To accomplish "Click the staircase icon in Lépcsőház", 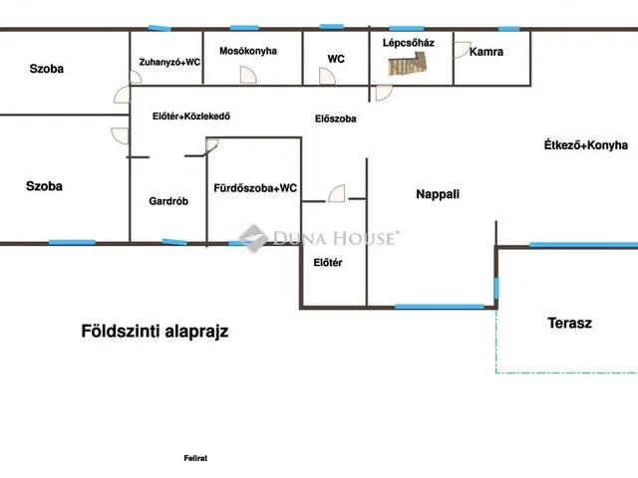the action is (x=408, y=65).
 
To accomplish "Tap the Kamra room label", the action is (x=486, y=52).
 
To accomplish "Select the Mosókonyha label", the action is (x=248, y=51).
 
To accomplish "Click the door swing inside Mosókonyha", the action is (x=248, y=76).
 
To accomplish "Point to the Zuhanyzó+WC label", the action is (x=169, y=62).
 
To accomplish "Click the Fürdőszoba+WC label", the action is (x=255, y=188).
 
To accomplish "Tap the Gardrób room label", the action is (x=168, y=201).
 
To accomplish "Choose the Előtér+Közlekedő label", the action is (x=191, y=117).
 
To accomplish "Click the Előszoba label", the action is (x=336, y=119).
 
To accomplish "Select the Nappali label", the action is (x=438, y=194).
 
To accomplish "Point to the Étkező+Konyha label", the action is (x=586, y=145).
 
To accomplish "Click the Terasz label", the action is (x=569, y=323).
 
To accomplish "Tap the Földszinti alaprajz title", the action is (x=155, y=332).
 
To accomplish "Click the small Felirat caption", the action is (x=195, y=458).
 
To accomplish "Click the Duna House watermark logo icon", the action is (x=253, y=238).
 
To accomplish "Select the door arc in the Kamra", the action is (x=463, y=50).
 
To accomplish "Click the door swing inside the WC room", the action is (x=327, y=76).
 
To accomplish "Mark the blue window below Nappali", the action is (x=440, y=307).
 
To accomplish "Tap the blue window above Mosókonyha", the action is (x=244, y=28).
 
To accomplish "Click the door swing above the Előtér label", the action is (x=337, y=193).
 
